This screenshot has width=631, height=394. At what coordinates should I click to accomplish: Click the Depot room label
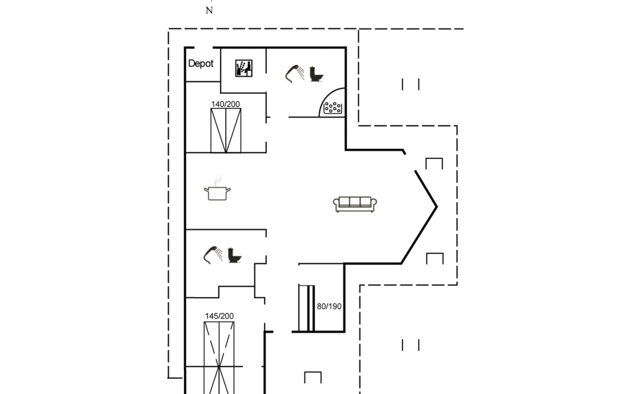[200, 63]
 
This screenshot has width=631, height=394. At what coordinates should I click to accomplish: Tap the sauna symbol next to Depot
[244, 68]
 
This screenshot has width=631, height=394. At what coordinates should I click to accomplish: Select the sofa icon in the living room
[355, 204]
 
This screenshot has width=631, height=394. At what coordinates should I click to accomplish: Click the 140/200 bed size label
[225, 104]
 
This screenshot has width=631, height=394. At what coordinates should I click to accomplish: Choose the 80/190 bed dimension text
[329, 306]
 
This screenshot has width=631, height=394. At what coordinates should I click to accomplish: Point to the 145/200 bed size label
[219, 316]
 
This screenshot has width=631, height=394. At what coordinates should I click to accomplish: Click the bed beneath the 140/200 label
[226, 131]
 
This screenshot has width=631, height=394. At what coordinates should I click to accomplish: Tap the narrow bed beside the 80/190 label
[307, 308]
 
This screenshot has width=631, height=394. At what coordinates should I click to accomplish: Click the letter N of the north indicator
[209, 11]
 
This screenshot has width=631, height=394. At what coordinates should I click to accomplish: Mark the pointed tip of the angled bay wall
[436, 207]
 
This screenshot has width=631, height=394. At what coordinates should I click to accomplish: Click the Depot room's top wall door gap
[203, 48]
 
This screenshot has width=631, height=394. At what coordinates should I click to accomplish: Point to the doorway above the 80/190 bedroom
[282, 264]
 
